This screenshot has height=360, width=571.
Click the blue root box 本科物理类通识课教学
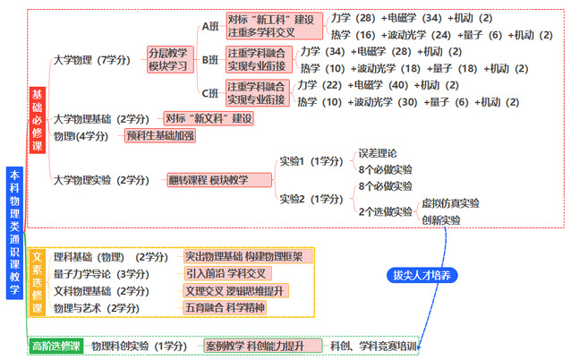click(x=14, y=233)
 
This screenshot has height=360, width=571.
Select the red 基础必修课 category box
click(x=38, y=120)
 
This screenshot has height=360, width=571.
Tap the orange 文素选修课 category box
click(x=38, y=282)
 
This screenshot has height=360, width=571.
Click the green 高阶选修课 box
click(x=56, y=346)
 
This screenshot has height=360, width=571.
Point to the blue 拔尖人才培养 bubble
click(x=422, y=275)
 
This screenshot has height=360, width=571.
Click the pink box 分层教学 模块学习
click(x=170, y=59)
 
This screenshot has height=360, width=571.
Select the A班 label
click(x=210, y=26)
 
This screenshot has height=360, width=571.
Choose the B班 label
click(x=210, y=60)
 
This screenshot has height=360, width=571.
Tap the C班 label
click(x=210, y=93)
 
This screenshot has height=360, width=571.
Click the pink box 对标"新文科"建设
click(x=209, y=118)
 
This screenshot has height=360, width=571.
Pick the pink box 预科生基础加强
click(x=160, y=136)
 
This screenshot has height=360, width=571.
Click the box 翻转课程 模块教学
click(x=219, y=180)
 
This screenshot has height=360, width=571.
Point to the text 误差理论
click(x=378, y=153)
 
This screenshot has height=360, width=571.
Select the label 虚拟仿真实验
click(x=450, y=203)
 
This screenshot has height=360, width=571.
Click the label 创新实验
click(x=441, y=220)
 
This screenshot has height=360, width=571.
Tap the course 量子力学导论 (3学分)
click(x=101, y=274)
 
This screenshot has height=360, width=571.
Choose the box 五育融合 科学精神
click(x=225, y=307)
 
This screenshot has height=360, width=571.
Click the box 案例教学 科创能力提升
click(x=263, y=346)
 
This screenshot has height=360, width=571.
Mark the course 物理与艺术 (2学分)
click(x=97, y=308)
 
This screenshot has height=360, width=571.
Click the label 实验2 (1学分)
click(x=311, y=199)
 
